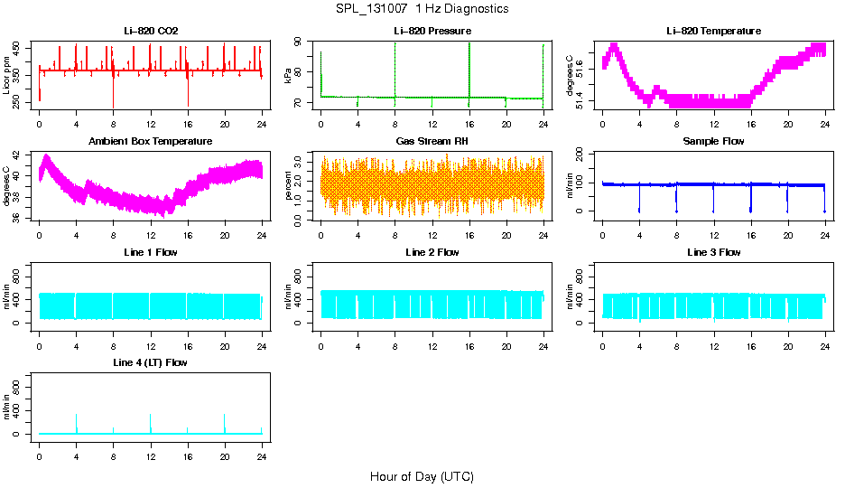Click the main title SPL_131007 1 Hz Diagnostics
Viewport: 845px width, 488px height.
[x=422, y=9]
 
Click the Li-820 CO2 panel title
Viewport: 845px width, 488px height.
[x=151, y=31]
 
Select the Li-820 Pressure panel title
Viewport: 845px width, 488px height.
[x=432, y=31]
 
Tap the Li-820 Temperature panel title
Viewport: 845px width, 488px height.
[x=713, y=31]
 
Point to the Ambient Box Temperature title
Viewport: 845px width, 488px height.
[x=151, y=141]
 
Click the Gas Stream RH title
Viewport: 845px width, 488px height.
[x=432, y=141]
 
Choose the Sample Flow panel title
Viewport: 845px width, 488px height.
[x=713, y=141]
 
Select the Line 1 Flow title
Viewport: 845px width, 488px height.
[x=151, y=252]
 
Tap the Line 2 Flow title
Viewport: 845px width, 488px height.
[x=432, y=252]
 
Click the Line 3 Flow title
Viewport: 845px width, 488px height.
[x=713, y=252]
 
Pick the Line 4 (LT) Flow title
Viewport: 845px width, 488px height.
[x=151, y=362]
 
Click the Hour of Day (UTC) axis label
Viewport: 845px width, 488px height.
[x=422, y=476]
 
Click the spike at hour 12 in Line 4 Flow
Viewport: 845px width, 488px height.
[x=151, y=420]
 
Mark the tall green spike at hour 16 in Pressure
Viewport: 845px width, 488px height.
[x=469, y=68]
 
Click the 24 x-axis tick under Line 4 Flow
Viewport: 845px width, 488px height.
[x=262, y=452]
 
